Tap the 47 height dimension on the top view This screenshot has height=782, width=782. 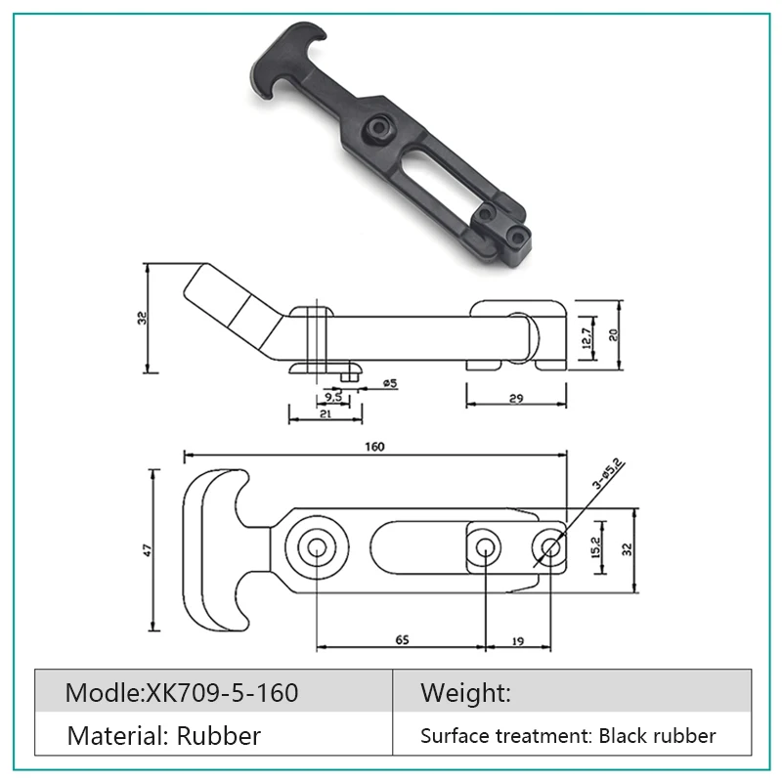[147, 550]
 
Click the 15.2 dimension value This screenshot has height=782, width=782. [596, 546]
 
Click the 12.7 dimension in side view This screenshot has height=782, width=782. [586, 338]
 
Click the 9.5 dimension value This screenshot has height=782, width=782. [332, 398]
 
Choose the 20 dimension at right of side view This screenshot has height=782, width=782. [613, 333]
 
